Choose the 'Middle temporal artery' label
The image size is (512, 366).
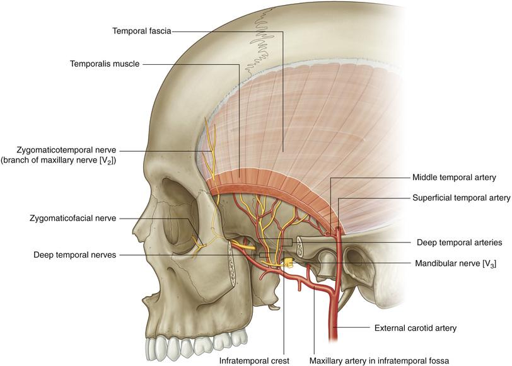click(x=454, y=178)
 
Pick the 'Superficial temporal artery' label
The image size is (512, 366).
click(x=460, y=197)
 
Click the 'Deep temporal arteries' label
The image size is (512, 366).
click(x=459, y=241)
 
